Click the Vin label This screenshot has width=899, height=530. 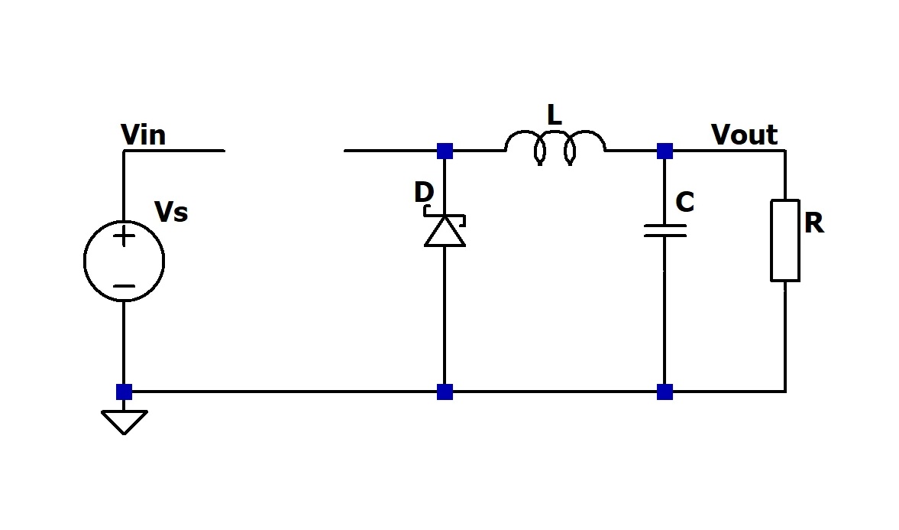coord(143,135)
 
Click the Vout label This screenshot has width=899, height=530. coord(744,135)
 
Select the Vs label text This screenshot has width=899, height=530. coord(171,212)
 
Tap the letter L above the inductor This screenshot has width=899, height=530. coord(554,115)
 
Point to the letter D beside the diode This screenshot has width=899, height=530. coord(423,193)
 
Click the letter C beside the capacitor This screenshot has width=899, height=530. coord(684,203)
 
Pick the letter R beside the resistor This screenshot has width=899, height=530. coord(813,223)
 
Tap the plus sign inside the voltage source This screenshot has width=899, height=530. coord(124,236)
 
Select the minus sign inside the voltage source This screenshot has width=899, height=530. coord(124,287)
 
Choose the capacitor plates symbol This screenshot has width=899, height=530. coord(665,230)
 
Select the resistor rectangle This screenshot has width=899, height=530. coord(785,240)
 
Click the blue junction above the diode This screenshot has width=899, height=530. coord(445,151)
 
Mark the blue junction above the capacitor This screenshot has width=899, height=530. coord(665,151)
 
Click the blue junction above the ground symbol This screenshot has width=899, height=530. coord(124,392)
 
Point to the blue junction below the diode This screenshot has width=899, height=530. coord(445,392)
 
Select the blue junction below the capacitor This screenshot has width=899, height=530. coord(665,392)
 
